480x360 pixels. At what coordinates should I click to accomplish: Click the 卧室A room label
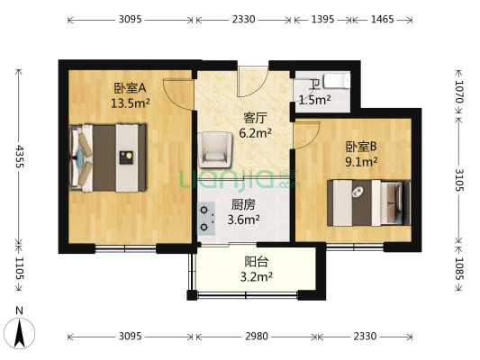pos(130,88)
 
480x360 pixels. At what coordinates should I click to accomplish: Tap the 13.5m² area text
pos(130,103)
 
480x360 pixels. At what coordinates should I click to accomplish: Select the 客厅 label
pos(255,118)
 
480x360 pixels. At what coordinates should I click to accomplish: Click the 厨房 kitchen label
pos(243,204)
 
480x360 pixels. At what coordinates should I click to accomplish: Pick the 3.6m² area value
pos(243,219)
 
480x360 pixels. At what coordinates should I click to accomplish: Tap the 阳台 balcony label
pos(256,262)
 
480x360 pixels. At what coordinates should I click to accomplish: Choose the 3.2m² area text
pos(256,277)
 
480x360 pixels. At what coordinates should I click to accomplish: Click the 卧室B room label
pos(359,148)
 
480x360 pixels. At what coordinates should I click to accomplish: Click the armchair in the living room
pos(216,148)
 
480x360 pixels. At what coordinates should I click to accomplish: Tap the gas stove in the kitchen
pos(207,217)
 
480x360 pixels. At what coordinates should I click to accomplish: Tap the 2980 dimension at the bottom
pos(256,337)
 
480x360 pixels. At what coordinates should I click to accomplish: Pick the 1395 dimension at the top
pos(320,18)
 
